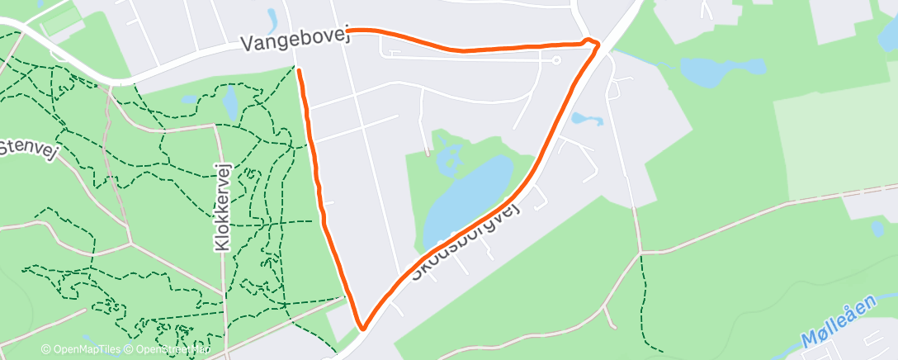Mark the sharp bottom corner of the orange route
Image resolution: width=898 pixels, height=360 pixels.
coord(362,329)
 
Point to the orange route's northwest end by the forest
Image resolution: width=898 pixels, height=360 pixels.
coord(298,71)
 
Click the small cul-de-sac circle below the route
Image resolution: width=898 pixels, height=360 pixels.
coord(556,60)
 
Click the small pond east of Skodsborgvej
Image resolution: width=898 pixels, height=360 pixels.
coord(587,119)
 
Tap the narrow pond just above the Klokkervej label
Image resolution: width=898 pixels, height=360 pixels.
coord(230,103)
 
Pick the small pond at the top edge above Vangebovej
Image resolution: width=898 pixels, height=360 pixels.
coord(272,18)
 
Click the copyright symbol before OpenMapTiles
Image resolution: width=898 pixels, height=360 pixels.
coord(45,349)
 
